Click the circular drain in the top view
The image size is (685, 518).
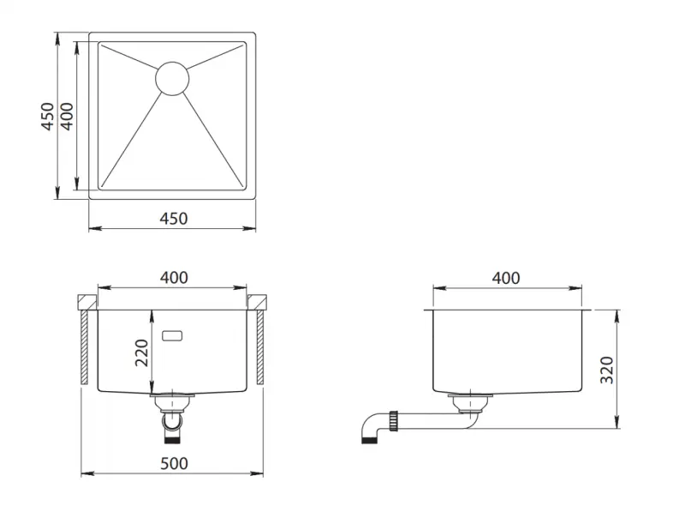pos(172,77)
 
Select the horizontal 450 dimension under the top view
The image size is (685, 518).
pos(173,219)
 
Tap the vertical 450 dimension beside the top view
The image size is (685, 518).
pos(49,116)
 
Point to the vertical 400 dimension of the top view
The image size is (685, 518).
pos(66,116)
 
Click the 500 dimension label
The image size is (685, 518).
pos(173,463)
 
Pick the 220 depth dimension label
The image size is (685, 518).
pos(143,352)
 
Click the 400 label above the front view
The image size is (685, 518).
pos(174,278)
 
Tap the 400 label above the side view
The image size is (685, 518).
pos(506,278)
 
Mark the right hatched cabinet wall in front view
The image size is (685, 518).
pos(260,347)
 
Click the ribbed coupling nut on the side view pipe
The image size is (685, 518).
pos(394,420)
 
